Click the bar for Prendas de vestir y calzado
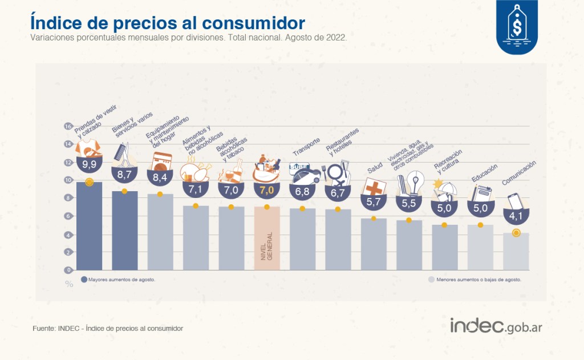pos(89,226)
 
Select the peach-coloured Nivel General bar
pos(267,238)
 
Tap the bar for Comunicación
pos(516,252)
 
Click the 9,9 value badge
pos(89,164)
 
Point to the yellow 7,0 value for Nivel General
pos(267,190)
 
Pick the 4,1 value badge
pos(516,216)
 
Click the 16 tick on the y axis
pos(68,126)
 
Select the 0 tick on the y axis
pos(68,270)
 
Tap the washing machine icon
pos(161,161)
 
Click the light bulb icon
pos(415,183)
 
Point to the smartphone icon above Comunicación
pos(515,201)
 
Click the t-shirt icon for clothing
pos(88,148)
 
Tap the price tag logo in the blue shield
pos(517,27)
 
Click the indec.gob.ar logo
pos(496,326)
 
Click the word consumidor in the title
pos(254,23)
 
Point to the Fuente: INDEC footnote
pos(108,328)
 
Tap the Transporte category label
pos(306,147)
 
